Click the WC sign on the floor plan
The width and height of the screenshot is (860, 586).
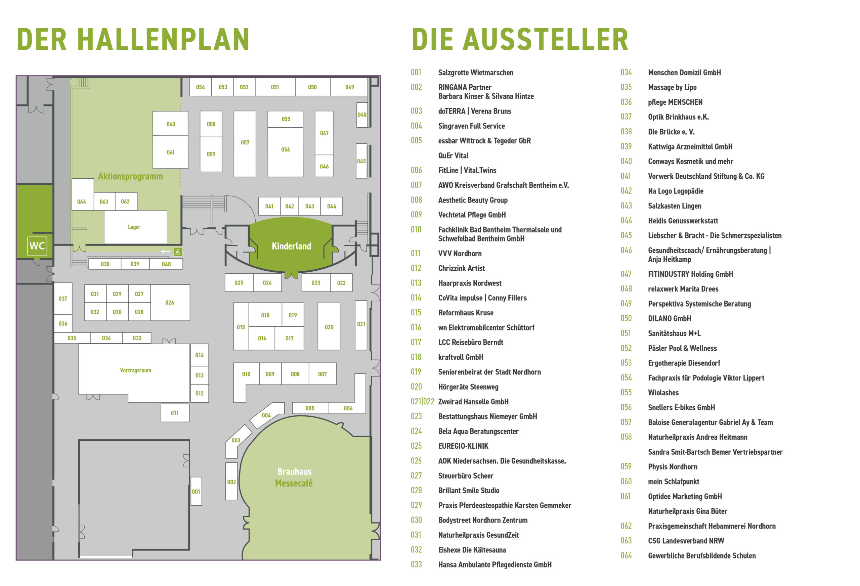pyautogui.click(x=37, y=246)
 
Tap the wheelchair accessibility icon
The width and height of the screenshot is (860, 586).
pyautogui.click(x=178, y=252)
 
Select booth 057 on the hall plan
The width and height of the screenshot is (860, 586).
pyautogui.click(x=245, y=144)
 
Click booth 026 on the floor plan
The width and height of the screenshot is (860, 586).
pyautogui.click(x=170, y=303)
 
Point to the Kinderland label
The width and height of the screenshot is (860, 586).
pyautogui.click(x=292, y=246)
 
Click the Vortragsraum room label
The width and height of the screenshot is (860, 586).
pyautogui.click(x=135, y=370)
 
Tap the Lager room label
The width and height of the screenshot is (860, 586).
pyautogui.click(x=134, y=227)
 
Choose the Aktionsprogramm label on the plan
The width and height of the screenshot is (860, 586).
pyautogui.click(x=130, y=176)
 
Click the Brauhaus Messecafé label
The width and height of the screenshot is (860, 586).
pyautogui.click(x=295, y=477)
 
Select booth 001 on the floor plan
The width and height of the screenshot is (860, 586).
pyautogui.click(x=196, y=491)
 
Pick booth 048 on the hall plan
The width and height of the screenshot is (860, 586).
pyautogui.click(x=362, y=115)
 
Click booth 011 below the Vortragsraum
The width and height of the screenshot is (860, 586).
pyautogui.click(x=175, y=413)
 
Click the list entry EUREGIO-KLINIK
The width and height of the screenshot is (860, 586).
pyautogui.click(x=463, y=446)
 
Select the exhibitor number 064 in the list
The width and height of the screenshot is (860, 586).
pyautogui.click(x=626, y=556)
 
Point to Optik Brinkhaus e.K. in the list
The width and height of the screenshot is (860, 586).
pyautogui.click(x=679, y=117)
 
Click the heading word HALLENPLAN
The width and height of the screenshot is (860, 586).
pyautogui.click(x=163, y=39)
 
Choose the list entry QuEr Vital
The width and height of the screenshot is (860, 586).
pyautogui.click(x=453, y=156)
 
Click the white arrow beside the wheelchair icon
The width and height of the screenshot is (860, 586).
pyautogui.click(x=166, y=252)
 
